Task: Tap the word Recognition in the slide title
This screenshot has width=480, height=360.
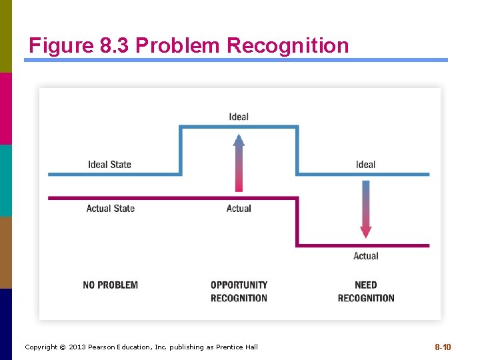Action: coord(287,45)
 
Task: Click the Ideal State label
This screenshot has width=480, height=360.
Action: coord(109,165)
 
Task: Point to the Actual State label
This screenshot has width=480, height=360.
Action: coord(110,209)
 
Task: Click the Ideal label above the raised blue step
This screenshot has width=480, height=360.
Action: coord(239,117)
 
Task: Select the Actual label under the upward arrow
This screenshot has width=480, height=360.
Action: coord(239,209)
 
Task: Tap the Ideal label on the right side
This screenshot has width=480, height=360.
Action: coord(365,165)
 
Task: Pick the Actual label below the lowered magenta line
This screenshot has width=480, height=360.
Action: coord(365,256)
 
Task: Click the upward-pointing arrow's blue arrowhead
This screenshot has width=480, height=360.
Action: coord(239,139)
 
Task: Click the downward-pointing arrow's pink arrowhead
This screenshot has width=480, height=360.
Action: coord(365,232)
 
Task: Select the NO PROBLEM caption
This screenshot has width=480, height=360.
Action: coord(111,285)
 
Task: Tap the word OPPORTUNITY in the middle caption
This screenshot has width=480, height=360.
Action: coord(239,285)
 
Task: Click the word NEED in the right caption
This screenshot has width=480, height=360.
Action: coord(365,285)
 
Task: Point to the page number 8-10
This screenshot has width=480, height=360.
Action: coord(443,347)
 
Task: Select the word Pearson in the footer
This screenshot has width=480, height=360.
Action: coord(105,347)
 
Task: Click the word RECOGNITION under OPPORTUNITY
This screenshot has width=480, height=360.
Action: coord(239,298)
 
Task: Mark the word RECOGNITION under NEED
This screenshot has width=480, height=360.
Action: coord(365,298)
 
